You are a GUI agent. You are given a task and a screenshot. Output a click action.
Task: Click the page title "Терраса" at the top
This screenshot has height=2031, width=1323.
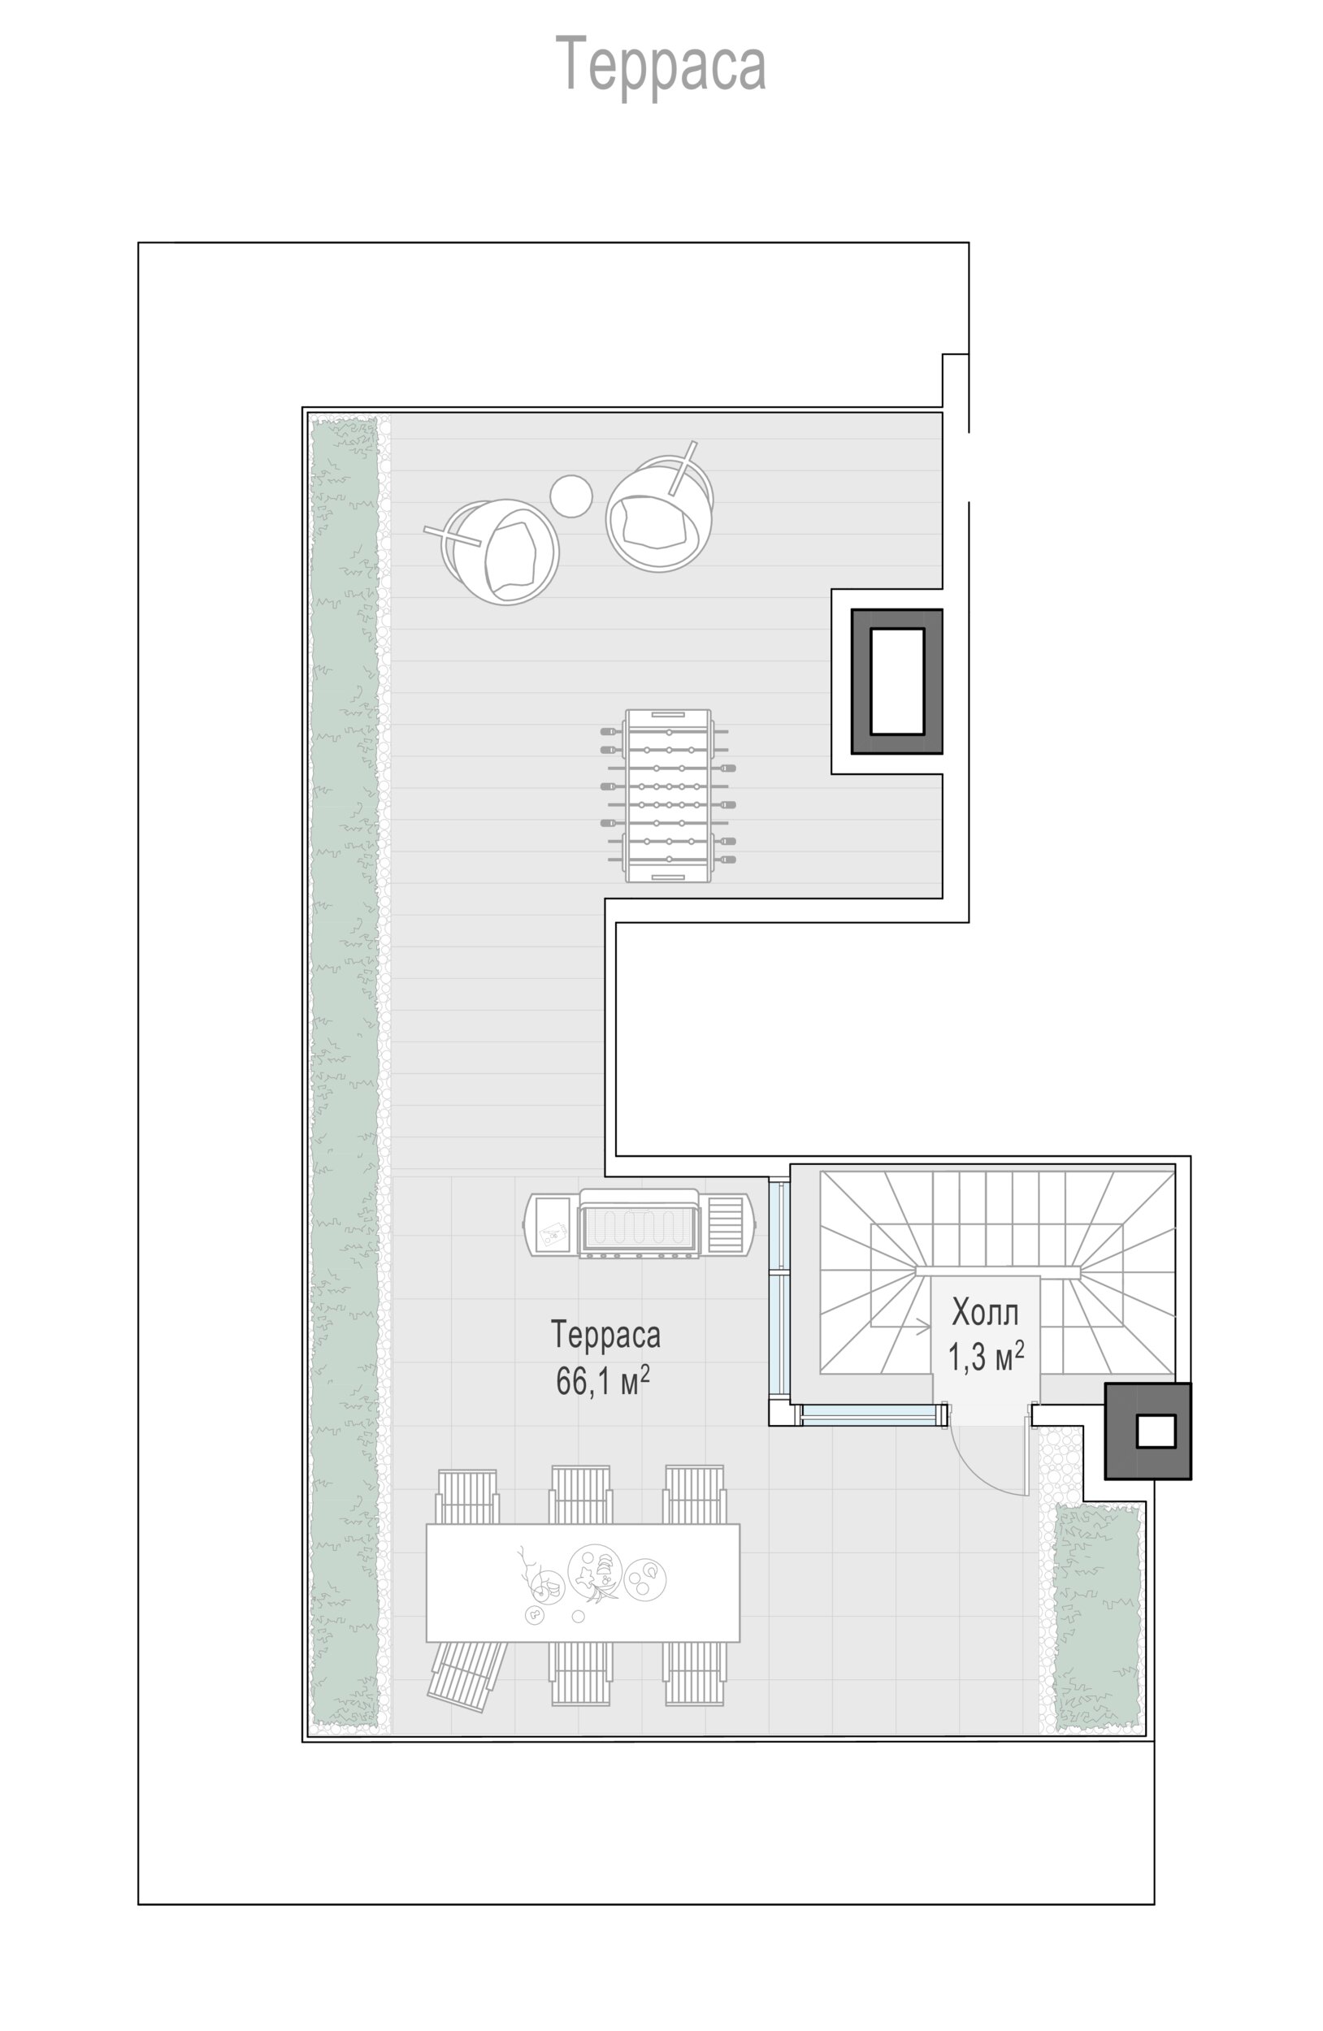pos(660,64)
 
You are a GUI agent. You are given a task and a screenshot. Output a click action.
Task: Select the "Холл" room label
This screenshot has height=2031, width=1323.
pos(984,1313)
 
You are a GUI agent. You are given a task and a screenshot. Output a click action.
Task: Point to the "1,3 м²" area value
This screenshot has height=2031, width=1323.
pos(986,1355)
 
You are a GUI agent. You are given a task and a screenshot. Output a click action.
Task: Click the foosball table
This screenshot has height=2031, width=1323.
pos(667,795)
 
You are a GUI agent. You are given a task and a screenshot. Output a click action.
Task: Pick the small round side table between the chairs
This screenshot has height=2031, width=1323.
pos(571,496)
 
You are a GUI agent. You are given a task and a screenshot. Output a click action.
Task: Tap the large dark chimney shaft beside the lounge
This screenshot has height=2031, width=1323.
pos(896,681)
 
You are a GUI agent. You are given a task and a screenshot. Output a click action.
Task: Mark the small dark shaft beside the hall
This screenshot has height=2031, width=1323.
pos(1147,1431)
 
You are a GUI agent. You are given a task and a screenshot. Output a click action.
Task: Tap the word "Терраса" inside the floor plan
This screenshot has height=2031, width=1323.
pos(605,1335)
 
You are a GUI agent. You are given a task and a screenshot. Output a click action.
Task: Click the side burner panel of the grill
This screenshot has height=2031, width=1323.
pos(727,1223)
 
